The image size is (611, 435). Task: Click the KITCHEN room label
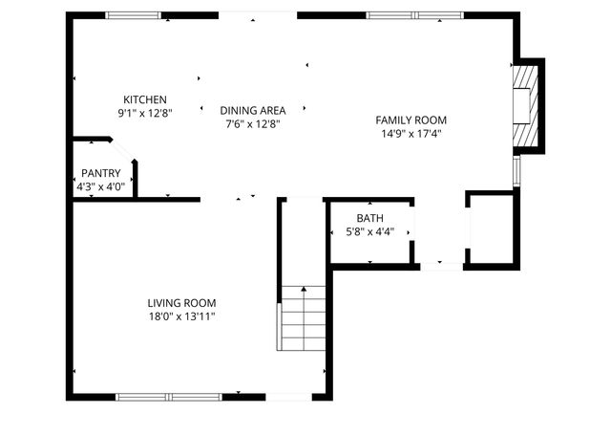point(145,99)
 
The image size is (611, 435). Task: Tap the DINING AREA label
point(252,110)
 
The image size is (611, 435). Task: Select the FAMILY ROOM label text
point(411,120)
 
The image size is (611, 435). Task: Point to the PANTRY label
point(100,173)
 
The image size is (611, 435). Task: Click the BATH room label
point(369,219)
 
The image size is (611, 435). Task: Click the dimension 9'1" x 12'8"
point(145,113)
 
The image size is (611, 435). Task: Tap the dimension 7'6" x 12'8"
point(252,123)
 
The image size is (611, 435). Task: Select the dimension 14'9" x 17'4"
point(411,134)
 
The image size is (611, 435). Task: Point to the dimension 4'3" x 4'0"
point(100,186)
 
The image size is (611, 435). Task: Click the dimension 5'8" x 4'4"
point(369,232)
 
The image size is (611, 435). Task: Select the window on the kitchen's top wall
point(133,15)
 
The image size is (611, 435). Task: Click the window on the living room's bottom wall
point(168,395)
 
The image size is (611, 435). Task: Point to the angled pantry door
point(121,150)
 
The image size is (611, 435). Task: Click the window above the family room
point(414,15)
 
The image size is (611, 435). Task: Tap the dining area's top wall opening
point(258,14)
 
